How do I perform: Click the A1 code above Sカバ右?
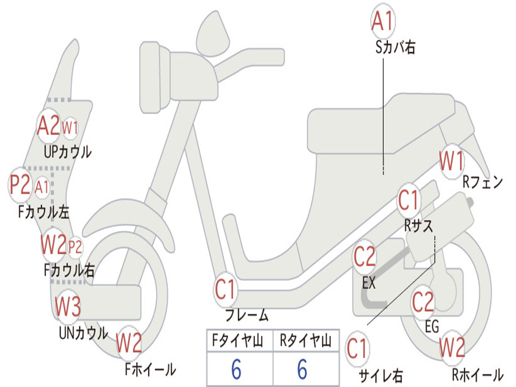pyautogui.click(x=382, y=21)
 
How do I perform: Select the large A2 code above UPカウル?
pyautogui.click(x=48, y=126)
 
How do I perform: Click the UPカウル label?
pyautogui.click(x=68, y=151)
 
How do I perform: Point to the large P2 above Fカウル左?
pyautogui.click(x=20, y=184)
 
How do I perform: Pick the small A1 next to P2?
pyautogui.click(x=42, y=187)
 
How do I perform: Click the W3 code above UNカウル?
pyautogui.click(x=68, y=307)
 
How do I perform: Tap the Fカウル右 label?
pyautogui.click(x=69, y=270)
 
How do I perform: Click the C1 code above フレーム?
pyautogui.click(x=225, y=290)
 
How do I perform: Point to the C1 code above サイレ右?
pyautogui.click(x=357, y=349)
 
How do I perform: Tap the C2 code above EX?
pyautogui.click(x=364, y=257)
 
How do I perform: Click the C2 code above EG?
pyautogui.click(x=423, y=302)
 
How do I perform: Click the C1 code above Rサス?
pyautogui.click(x=409, y=201)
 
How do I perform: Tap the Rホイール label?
pyautogui.click(x=477, y=374)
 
